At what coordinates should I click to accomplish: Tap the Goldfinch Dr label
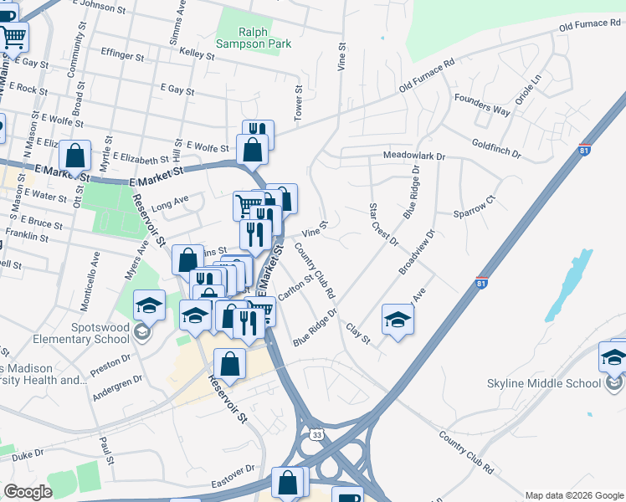coord(495,150)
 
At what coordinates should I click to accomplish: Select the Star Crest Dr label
coord(383,224)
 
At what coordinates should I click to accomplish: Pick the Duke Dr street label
coord(28,455)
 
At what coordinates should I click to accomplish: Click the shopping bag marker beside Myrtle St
coord(75,156)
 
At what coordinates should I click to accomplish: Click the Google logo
coord(28,492)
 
